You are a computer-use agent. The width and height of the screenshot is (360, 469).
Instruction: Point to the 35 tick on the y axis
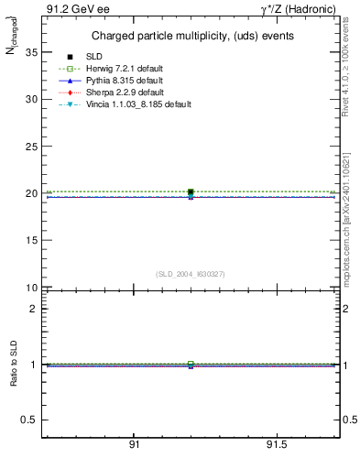[x=31, y=52]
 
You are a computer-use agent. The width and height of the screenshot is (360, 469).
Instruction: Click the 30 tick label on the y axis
[x=31, y=99]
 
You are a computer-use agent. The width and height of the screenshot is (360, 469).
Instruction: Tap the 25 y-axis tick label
[x=31, y=147]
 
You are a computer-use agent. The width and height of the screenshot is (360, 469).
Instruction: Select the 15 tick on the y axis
[x=31, y=241]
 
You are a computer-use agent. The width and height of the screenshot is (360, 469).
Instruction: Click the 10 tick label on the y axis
[x=31, y=288]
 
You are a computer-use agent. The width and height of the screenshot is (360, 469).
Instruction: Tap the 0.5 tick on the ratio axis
[x=28, y=420]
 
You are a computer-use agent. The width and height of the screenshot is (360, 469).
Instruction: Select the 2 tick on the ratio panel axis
[x=32, y=309]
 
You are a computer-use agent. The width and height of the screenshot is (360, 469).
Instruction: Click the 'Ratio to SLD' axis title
[x=13, y=365]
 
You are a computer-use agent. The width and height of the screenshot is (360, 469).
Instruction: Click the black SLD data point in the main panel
[x=191, y=192]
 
